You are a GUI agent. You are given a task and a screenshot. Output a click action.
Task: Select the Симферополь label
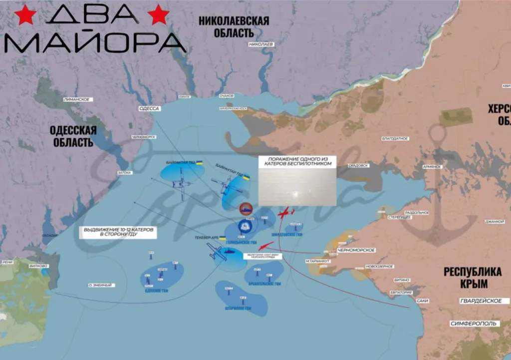[x=474, y=324]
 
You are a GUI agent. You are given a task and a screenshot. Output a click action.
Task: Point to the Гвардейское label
[x=481, y=301]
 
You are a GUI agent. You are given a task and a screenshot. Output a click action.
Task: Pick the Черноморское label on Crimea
[x=356, y=250]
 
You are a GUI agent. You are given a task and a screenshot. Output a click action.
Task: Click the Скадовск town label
[x=358, y=165]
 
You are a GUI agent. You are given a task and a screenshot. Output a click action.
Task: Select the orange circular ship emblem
[x=245, y=208]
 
